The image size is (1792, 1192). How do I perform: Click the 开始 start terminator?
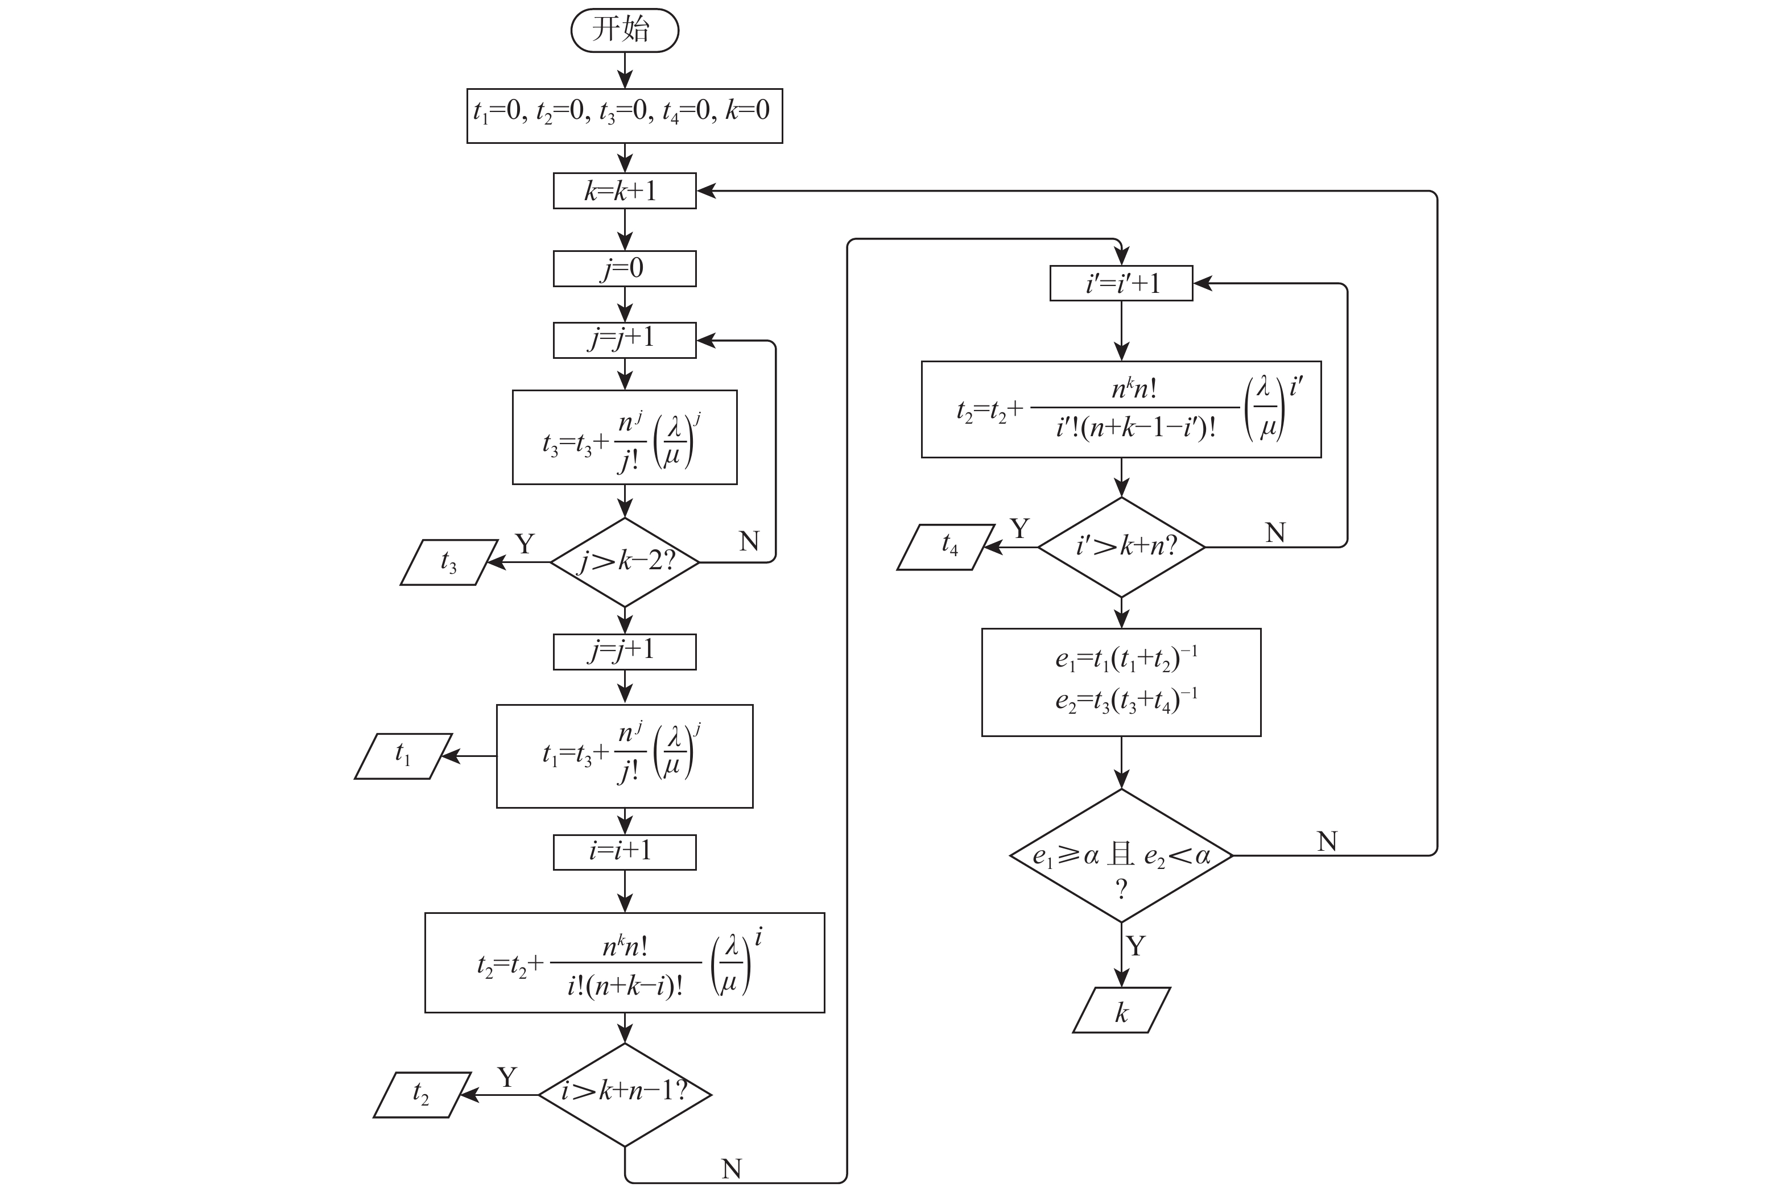(x=624, y=30)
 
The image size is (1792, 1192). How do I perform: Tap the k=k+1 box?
(x=624, y=191)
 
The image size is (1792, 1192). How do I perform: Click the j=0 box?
(x=624, y=268)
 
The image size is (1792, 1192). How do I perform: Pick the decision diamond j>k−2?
(x=624, y=562)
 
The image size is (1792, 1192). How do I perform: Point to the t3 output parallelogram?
(x=449, y=562)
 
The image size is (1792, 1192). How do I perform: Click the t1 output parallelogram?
(x=403, y=756)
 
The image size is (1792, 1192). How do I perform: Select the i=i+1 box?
(x=624, y=852)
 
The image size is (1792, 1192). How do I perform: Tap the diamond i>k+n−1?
(x=624, y=1095)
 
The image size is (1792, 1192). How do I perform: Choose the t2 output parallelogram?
(x=422, y=1095)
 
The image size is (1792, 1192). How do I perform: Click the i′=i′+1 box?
(x=1121, y=284)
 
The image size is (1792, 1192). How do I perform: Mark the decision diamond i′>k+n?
(x=1121, y=547)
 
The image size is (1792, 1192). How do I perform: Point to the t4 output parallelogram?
(x=946, y=547)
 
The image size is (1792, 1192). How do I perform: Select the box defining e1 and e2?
(x=1121, y=682)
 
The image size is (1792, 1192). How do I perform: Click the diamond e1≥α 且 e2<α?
(x=1121, y=856)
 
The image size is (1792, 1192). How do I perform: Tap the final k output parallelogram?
(x=1121, y=1011)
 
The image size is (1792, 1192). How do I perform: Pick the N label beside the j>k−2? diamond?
(x=749, y=541)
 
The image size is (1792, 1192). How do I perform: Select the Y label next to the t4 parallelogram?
(x=1019, y=528)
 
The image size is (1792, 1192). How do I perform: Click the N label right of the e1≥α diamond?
(x=1327, y=842)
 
